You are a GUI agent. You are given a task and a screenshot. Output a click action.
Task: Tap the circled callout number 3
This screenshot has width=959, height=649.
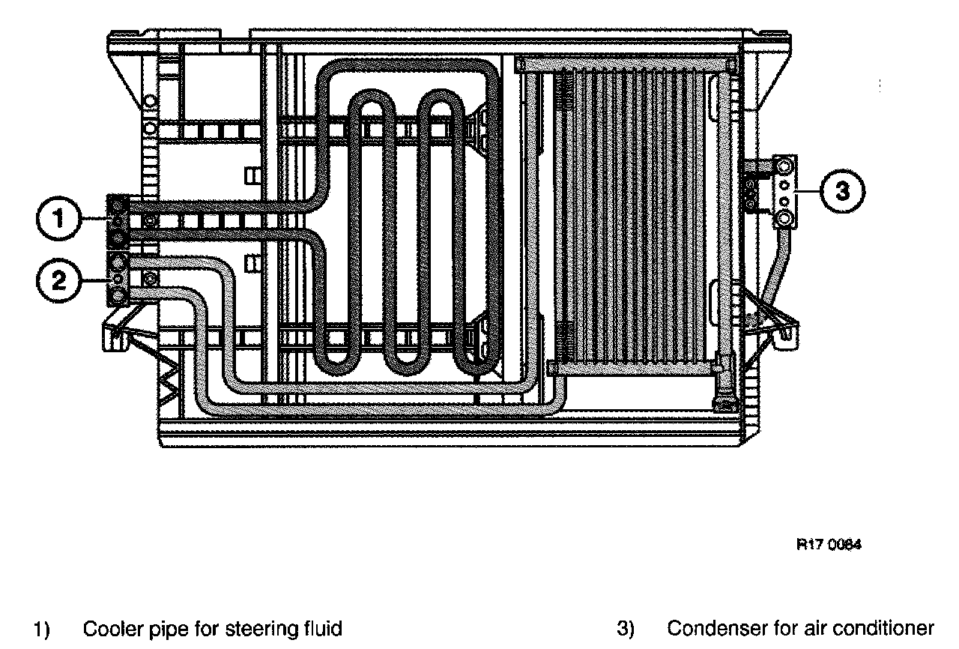pos(843,192)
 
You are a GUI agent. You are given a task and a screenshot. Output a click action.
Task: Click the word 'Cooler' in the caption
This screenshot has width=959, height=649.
pos(108,628)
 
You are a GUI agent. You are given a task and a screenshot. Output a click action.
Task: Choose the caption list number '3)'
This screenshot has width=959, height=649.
pos(626,628)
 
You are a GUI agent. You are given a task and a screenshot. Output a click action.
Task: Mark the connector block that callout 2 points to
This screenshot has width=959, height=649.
pos(118,279)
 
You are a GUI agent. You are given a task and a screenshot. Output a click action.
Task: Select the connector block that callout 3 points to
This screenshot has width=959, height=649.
pos(784,192)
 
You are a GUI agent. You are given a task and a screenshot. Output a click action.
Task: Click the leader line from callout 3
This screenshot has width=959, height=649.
pos(808,192)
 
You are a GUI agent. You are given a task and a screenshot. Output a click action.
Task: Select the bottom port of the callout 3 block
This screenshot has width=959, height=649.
pos(784,217)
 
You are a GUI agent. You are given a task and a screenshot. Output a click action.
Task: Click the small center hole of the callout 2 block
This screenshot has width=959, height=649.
pos(118,279)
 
